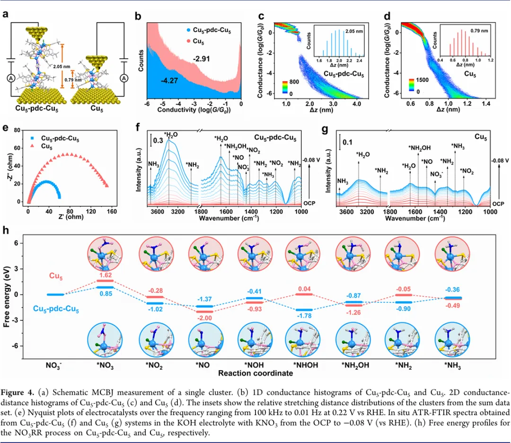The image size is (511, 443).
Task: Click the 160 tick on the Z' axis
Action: pos(112,211)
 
